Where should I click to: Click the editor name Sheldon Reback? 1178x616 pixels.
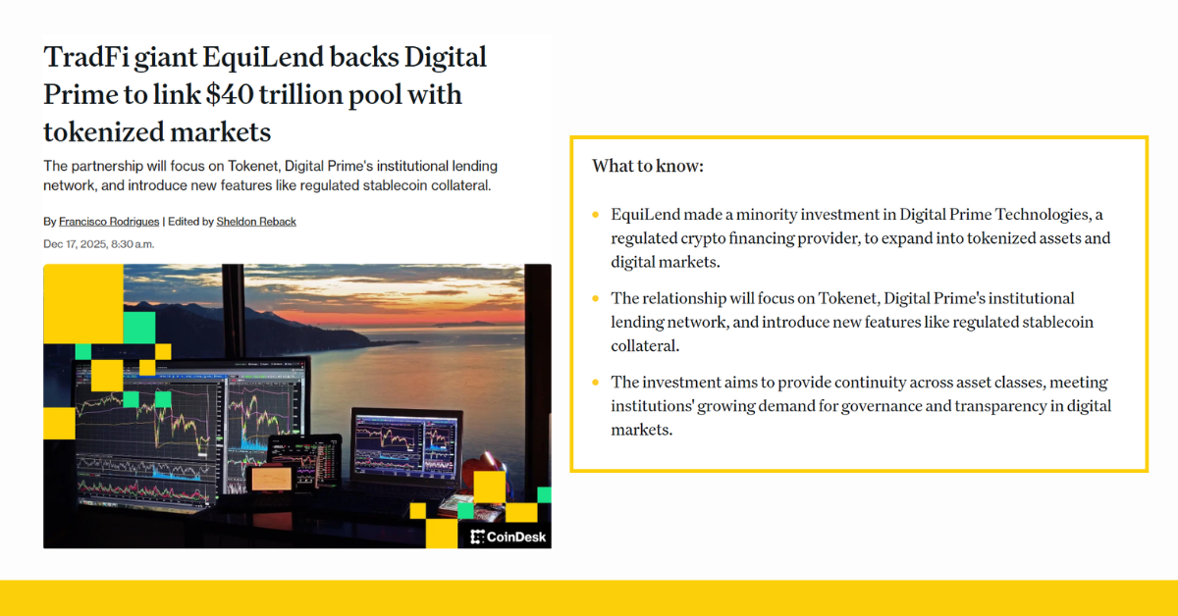256,222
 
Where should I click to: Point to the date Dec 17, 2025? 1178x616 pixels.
82,243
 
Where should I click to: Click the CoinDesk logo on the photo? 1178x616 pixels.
509,537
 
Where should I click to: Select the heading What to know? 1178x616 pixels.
647,166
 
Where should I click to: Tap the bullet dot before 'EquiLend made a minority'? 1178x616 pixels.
595,215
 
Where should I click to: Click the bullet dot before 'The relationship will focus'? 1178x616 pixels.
595,298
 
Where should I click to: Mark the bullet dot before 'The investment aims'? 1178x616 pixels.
595,383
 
